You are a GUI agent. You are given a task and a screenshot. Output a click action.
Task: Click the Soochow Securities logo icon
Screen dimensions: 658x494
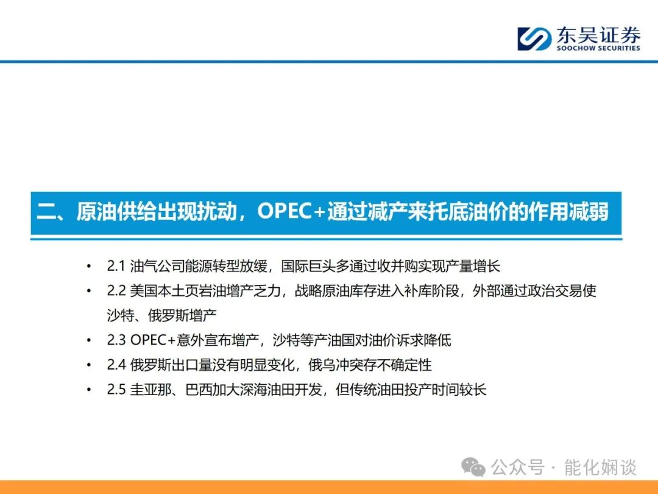(534, 39)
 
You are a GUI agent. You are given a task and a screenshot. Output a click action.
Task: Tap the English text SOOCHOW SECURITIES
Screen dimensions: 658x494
(598, 48)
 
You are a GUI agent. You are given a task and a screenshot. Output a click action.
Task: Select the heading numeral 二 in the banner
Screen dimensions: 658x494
(46, 211)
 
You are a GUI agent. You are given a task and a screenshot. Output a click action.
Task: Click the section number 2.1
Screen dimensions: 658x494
(116, 266)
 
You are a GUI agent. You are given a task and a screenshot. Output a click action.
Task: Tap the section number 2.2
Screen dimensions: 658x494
(116, 291)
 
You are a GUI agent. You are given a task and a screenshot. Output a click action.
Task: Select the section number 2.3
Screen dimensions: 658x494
(116, 340)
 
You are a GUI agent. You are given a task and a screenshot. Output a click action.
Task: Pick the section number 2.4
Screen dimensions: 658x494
(116, 365)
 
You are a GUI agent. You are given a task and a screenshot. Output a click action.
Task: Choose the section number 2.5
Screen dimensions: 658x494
(116, 389)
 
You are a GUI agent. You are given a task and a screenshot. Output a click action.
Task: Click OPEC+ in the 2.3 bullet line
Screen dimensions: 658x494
(153, 340)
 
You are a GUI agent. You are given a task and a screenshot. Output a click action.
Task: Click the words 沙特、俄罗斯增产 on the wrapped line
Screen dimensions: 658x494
(161, 315)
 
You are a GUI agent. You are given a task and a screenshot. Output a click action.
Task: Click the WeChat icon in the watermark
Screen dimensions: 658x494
(473, 467)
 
